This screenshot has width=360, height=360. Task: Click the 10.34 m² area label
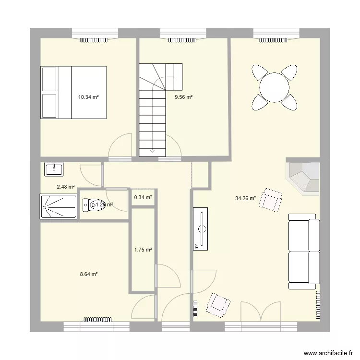(x=88, y=97)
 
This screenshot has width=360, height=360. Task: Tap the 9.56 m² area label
(x=183, y=97)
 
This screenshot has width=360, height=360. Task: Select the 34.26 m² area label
(x=245, y=198)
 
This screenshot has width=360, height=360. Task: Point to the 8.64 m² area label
(x=89, y=274)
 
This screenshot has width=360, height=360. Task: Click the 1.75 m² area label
(x=143, y=250)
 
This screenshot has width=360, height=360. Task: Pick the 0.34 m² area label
(x=143, y=197)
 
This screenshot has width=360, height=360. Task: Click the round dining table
(x=274, y=87)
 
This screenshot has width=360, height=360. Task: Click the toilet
(x=89, y=205)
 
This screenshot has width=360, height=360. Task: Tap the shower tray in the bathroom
(x=59, y=207)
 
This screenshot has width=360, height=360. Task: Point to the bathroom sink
(x=54, y=168)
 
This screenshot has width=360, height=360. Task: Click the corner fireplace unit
(x=304, y=177)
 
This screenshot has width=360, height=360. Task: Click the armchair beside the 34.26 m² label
(x=270, y=200)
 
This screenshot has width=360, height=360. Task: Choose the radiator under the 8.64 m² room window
(x=97, y=318)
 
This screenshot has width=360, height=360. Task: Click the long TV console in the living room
(x=201, y=229)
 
